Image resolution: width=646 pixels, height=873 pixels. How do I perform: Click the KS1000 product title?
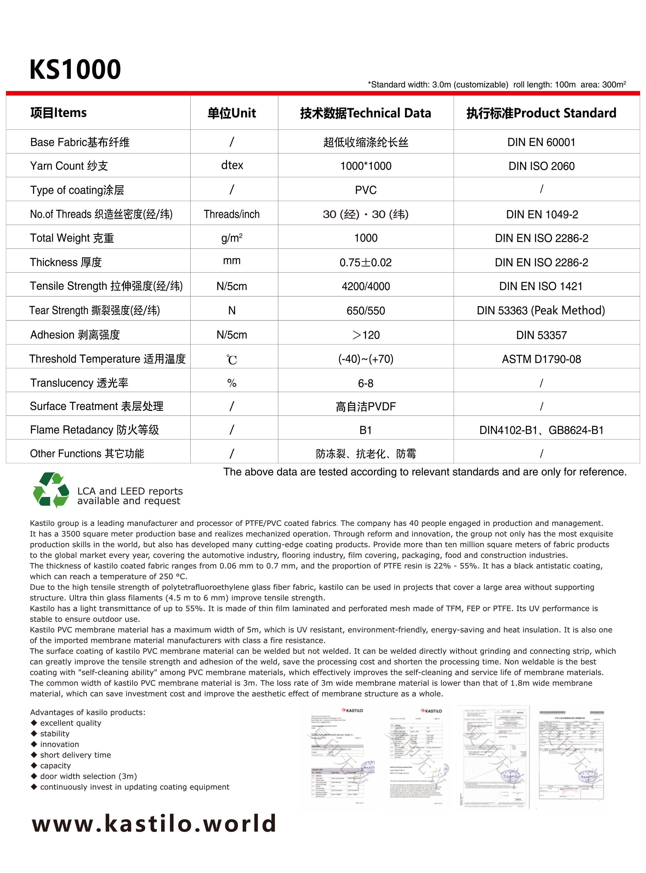tap(75, 69)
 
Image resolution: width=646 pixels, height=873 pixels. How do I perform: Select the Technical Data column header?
tap(366, 113)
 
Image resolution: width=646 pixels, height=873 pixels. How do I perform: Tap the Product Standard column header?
tap(541, 113)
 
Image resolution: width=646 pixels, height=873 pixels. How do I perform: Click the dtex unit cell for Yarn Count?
tap(232, 165)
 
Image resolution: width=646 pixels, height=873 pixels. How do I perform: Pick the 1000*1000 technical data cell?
tap(366, 166)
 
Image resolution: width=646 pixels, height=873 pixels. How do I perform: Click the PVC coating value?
tap(366, 190)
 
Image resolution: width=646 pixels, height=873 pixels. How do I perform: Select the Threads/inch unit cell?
tap(232, 214)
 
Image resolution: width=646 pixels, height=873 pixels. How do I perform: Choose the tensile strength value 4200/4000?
tap(366, 286)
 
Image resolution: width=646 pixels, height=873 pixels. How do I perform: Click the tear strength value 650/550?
tap(366, 311)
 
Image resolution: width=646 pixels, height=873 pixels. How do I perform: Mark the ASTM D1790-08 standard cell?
tap(541, 359)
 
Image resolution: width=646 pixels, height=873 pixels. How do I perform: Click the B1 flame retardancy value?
tap(366, 430)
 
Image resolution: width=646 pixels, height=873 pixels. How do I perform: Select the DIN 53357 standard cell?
tap(541, 335)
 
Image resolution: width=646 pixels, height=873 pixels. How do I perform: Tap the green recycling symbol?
tap(51, 490)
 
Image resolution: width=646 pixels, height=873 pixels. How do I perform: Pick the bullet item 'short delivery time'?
tap(75, 755)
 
